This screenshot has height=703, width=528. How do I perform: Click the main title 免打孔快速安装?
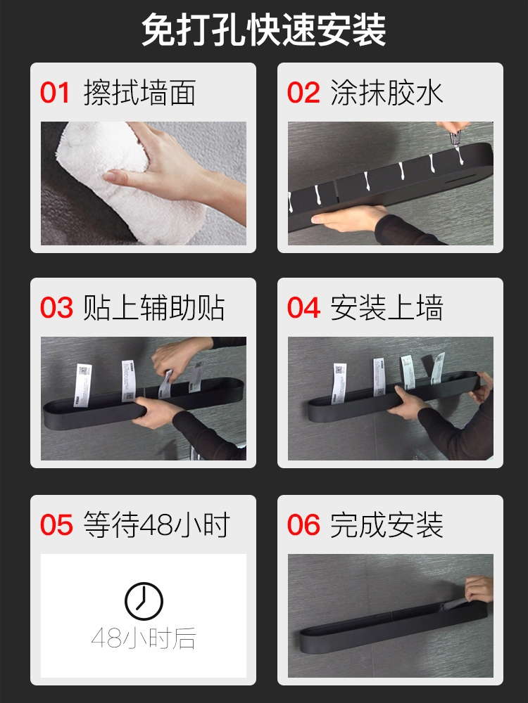click(264, 30)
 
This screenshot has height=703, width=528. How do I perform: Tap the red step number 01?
click(55, 93)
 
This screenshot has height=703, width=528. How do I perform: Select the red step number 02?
click(303, 93)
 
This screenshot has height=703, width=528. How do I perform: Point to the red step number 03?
click(56, 308)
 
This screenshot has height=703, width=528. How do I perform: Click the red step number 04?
click(304, 308)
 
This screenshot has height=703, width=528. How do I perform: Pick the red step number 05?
click(56, 524)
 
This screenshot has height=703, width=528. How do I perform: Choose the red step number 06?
click(304, 524)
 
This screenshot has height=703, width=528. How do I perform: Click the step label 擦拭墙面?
click(139, 93)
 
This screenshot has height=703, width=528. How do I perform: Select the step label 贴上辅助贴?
click(154, 308)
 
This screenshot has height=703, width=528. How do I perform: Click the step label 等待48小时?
click(157, 524)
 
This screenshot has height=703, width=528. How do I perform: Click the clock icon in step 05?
click(144, 602)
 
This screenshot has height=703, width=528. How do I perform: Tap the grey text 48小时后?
click(144, 638)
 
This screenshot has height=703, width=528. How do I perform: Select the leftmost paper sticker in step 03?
click(82, 385)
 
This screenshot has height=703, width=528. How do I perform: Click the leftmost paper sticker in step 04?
click(339, 384)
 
